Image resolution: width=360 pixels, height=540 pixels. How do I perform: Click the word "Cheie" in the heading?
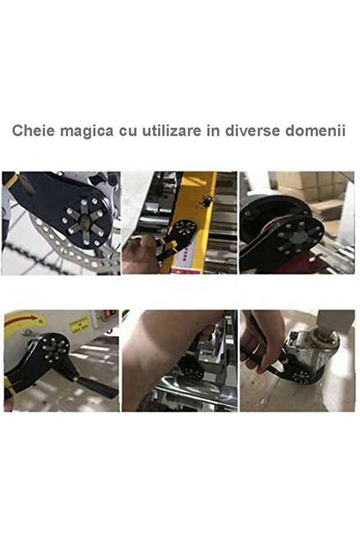click(32, 130)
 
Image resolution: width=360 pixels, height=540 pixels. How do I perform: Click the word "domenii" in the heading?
click(316, 130)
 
